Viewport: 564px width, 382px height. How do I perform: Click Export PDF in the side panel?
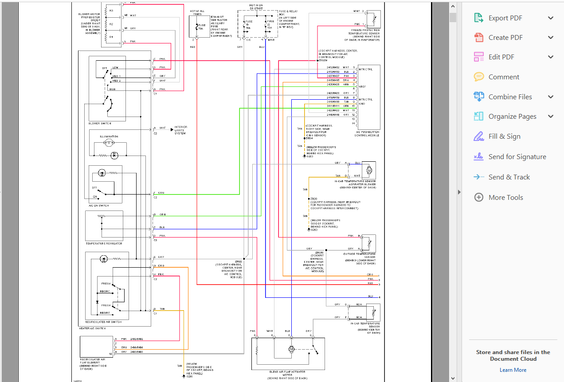(505, 18)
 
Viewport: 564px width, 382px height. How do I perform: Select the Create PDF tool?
(505, 38)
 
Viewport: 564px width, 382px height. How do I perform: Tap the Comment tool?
(503, 77)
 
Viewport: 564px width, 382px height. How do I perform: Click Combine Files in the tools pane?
(510, 97)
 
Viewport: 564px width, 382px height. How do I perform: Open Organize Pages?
(512, 117)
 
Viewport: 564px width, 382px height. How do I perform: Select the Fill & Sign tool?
(504, 136)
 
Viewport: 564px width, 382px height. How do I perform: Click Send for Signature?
(517, 157)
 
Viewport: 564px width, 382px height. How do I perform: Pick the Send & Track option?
(509, 177)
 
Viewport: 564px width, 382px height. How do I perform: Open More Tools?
(505, 198)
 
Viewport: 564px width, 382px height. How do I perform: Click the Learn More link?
(513, 370)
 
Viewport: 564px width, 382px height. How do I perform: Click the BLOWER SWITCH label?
(100, 123)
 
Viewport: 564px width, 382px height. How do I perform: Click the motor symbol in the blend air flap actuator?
(291, 349)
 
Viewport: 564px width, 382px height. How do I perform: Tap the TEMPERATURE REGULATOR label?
(104, 243)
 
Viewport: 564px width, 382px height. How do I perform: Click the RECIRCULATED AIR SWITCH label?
(106, 322)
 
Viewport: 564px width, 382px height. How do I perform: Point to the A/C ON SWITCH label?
(98, 206)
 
